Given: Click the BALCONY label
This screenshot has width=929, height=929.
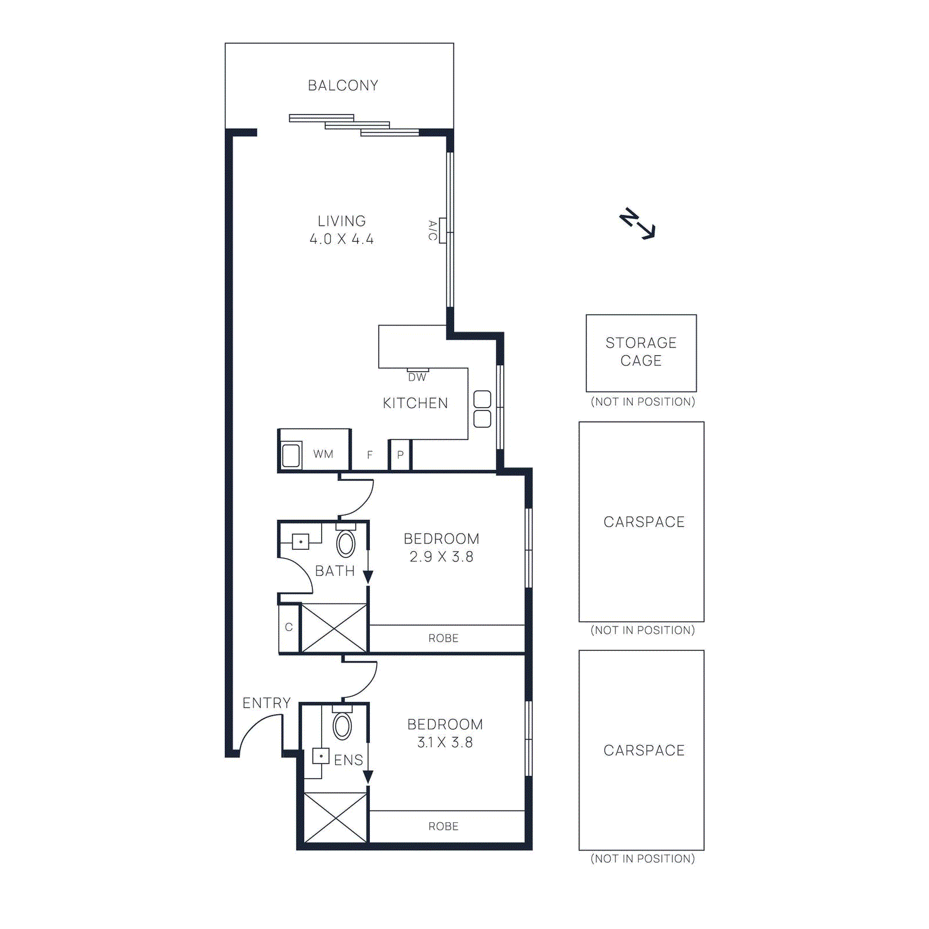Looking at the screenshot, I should tap(343, 85).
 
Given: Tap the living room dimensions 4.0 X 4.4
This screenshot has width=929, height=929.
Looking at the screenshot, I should tap(341, 239).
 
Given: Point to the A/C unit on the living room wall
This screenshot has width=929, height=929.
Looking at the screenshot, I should tap(442, 231).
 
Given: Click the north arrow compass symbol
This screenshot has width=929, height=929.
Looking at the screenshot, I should tap(638, 224).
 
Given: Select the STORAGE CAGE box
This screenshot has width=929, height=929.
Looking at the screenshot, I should tap(641, 352).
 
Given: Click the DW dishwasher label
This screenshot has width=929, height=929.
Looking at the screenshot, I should tap(417, 377).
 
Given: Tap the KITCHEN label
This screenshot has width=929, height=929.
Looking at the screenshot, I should tap(415, 403).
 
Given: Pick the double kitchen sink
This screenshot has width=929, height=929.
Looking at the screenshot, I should tap(482, 409).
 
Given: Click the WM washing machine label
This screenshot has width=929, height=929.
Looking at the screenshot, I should tap(323, 454).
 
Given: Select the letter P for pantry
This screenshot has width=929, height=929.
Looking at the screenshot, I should tap(400, 455).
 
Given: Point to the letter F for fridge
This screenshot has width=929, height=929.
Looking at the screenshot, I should tap(370, 455).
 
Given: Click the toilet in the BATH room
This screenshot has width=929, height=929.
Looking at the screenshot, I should tap(346, 543).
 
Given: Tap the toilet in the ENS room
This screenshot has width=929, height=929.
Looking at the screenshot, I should tap(342, 725).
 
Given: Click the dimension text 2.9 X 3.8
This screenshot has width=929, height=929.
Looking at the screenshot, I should tap(441, 557).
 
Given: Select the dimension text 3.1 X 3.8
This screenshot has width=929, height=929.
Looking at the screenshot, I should tap(445, 743).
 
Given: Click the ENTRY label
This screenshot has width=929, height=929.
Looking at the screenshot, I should tap(267, 703).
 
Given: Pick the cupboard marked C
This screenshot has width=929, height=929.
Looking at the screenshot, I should tap(289, 628).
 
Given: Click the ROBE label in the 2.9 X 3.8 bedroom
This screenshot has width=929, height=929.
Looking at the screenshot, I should tap(444, 638).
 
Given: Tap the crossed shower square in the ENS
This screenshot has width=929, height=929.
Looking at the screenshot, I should tap(336, 818).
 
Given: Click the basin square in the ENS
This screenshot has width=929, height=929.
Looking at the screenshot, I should tap(321, 756).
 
